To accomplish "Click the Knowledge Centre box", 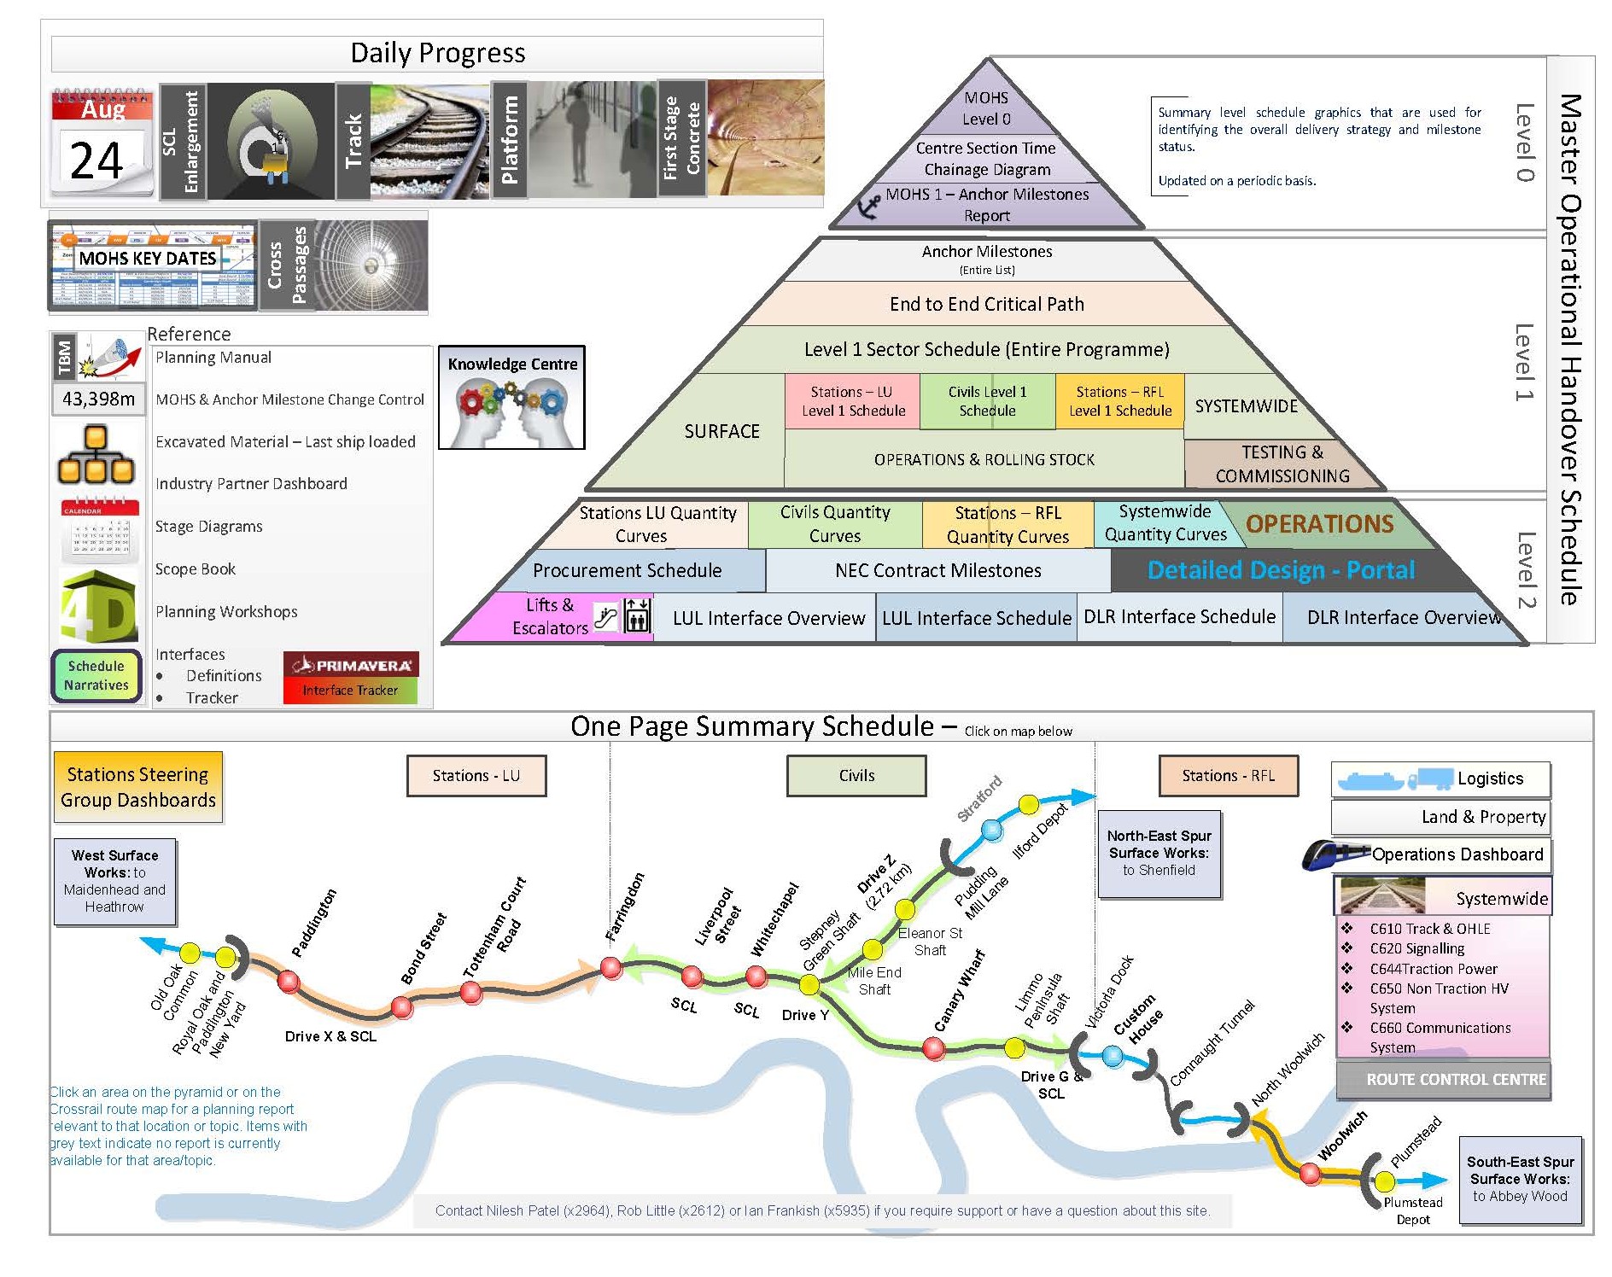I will tap(511, 397).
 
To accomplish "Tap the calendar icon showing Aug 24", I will tap(102, 143).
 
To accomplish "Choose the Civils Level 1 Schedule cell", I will tap(987, 401).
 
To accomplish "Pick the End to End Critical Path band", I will tap(986, 304).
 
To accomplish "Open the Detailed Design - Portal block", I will tap(1280, 570).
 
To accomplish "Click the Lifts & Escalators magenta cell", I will tap(551, 616).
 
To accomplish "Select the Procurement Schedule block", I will tap(627, 570).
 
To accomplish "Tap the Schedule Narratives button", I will tap(96, 675).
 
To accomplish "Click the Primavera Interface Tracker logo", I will tap(350, 678).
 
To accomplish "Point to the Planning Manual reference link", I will tap(213, 358).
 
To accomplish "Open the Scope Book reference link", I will tap(196, 569).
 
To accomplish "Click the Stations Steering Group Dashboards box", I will tap(137, 787).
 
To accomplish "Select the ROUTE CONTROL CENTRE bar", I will tap(1455, 1079).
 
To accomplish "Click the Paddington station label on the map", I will tap(314, 923).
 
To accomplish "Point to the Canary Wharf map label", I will tap(959, 990).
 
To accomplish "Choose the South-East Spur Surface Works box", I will tap(1520, 1179).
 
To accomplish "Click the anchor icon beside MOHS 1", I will tap(867, 206).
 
